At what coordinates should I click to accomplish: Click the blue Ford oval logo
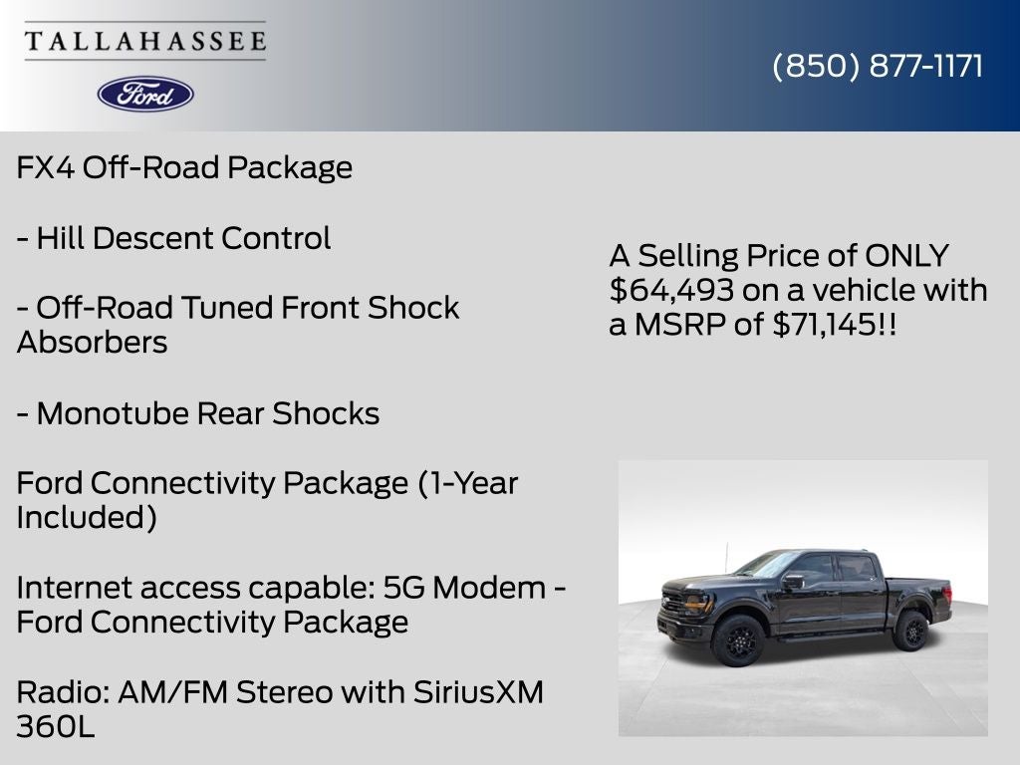tap(145, 95)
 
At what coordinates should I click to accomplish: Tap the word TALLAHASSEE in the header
tap(145, 41)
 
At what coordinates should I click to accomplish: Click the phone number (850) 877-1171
tap(878, 66)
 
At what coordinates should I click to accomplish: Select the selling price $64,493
tap(672, 290)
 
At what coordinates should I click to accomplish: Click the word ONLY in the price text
tap(906, 256)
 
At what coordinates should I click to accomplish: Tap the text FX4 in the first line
tap(45, 167)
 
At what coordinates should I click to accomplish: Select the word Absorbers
tap(92, 343)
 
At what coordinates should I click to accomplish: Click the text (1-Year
tap(467, 483)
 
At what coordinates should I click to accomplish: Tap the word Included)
tap(87, 518)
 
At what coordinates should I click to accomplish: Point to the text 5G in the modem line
tap(403, 588)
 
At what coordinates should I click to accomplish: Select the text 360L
tap(56, 726)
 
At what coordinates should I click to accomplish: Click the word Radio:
tap(63, 691)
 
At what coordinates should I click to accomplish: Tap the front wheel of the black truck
tap(738, 640)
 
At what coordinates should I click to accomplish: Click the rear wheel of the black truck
tap(910, 631)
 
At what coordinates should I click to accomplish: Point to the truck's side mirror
tap(792, 581)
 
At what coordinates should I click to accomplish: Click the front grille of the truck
tap(672, 601)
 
